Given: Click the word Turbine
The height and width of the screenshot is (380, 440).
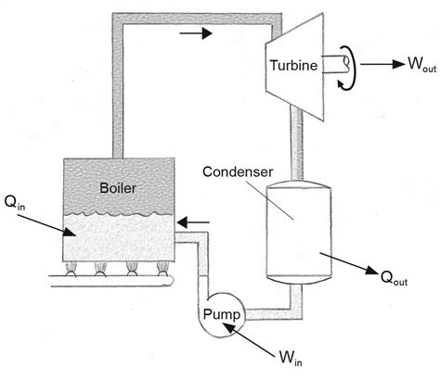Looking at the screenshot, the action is [x=294, y=65].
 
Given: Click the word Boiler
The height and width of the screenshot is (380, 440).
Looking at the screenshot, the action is [x=118, y=188].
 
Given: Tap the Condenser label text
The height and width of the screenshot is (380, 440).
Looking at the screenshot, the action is [x=238, y=171].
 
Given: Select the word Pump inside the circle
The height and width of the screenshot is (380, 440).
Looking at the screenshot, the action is [x=222, y=315].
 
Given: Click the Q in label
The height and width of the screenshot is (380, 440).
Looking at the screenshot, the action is [x=15, y=203].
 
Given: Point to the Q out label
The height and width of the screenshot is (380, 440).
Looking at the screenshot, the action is [x=394, y=277].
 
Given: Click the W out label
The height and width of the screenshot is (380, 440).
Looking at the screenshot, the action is [x=422, y=64].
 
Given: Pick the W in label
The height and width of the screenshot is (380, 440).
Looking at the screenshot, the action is [x=291, y=358].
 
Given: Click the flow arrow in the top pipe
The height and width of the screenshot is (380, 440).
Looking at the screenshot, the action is [x=196, y=32].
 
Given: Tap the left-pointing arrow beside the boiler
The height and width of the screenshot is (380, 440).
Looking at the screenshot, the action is [x=193, y=222].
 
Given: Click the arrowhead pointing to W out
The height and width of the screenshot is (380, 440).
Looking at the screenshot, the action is [x=398, y=64].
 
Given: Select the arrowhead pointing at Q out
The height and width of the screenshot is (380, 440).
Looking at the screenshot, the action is [x=371, y=270].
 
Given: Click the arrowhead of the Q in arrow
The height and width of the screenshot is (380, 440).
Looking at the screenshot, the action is [x=70, y=232].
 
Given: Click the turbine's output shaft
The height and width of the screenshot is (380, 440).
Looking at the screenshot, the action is [x=336, y=64].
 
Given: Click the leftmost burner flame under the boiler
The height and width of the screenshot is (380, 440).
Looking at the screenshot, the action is [x=71, y=269].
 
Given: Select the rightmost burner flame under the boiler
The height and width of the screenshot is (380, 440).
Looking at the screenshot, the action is [x=162, y=269].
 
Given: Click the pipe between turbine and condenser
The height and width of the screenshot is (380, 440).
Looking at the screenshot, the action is [x=296, y=144].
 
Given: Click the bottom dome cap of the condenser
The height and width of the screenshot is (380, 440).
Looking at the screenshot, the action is [x=299, y=280].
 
